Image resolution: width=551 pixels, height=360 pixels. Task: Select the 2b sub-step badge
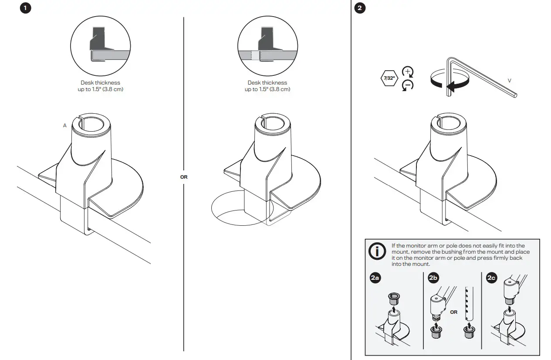(433, 278)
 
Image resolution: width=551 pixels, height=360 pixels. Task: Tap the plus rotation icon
(407, 72)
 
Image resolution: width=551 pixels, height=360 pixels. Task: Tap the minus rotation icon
(407, 85)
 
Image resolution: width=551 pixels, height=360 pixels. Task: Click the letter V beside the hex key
(509, 81)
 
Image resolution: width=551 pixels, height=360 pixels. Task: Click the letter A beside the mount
(65, 126)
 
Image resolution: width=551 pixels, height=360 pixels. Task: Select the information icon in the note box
(377, 252)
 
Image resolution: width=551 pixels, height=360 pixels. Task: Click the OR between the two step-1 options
(184, 177)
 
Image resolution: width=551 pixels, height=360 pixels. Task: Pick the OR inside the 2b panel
(454, 312)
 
